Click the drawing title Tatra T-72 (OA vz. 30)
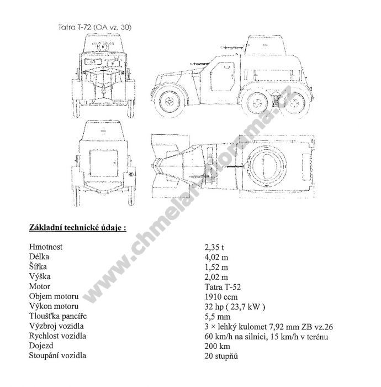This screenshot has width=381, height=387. (95, 27)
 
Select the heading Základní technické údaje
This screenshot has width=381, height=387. (78, 228)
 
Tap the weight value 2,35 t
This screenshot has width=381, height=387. (214, 247)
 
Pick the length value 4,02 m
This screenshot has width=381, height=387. (216, 257)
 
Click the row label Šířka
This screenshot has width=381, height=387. (38, 266)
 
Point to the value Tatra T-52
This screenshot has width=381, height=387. (223, 287)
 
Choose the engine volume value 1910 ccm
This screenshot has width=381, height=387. (221, 297)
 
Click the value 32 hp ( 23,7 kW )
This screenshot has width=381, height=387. (235, 307)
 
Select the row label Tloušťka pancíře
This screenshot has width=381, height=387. (58, 316)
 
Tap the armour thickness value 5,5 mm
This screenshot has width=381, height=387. (218, 317)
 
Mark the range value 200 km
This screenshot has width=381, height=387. (217, 346)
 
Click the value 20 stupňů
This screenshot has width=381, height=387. (221, 356)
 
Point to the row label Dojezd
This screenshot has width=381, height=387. (41, 346)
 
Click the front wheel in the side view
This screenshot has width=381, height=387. (169, 101)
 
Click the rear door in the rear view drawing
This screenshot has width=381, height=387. (103, 163)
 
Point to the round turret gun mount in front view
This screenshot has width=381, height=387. (103, 46)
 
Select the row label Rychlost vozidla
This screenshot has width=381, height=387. (57, 336)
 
